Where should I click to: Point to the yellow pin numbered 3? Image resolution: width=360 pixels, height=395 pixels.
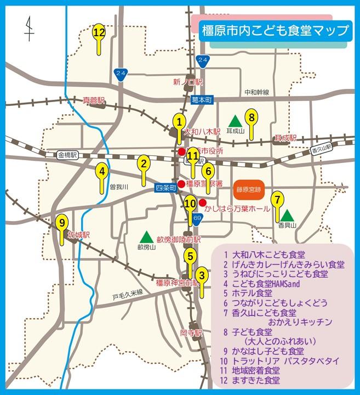(x=202, y=276)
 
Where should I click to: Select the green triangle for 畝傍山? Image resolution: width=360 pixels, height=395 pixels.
(x=146, y=237)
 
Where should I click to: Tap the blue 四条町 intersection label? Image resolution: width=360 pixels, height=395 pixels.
(x=165, y=187)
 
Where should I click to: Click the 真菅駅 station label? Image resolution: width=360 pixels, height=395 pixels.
(x=93, y=100)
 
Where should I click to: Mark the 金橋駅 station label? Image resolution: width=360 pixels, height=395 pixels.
(x=68, y=156)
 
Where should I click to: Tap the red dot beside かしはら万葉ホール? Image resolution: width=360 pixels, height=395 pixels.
(x=202, y=202)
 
